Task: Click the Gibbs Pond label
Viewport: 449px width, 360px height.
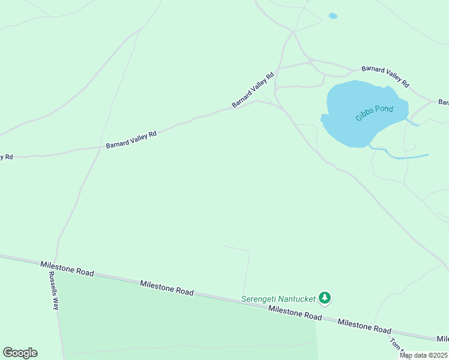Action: pos(374,113)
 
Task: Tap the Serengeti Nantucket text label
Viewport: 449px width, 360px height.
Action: pos(278,299)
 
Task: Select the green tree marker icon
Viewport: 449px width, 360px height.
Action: pos(325,298)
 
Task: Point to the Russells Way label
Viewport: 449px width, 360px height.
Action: pos(54,290)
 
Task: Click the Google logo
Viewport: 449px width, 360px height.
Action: pos(20,353)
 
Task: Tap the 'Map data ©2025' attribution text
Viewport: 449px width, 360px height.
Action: pos(423,355)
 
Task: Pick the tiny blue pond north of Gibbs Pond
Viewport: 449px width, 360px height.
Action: pos(333,16)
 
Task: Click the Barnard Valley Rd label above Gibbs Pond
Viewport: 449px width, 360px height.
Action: pos(385,76)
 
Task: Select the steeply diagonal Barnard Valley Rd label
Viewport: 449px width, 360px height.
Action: pos(253,90)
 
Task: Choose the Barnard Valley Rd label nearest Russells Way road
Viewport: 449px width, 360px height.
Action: pos(131,140)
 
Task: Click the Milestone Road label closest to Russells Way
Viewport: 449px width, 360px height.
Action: pos(67,268)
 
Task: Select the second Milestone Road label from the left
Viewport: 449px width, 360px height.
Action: pos(167,287)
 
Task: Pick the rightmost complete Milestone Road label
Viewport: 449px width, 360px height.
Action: pos(364,326)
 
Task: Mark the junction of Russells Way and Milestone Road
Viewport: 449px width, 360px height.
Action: pos(56,260)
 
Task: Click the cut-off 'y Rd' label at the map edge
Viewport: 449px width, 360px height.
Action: pos(6,157)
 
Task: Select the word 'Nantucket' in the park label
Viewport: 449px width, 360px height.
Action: pos(296,299)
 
